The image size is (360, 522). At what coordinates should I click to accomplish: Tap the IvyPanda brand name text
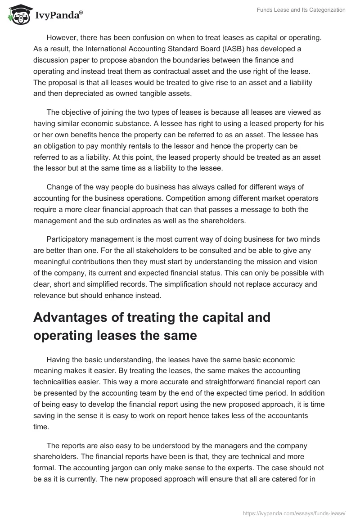click(58, 16)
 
